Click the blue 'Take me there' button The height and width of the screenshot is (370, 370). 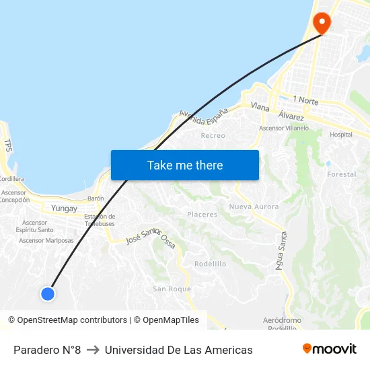point(185,165)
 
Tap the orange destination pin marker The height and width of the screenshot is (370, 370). point(322,24)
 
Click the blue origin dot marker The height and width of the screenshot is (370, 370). point(47,293)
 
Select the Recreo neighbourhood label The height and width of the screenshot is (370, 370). point(213,135)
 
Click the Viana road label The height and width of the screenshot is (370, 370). point(260,107)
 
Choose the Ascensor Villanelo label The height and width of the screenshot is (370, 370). point(284,128)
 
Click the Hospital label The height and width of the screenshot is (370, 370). point(340,135)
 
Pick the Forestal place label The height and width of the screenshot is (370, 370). point(341,174)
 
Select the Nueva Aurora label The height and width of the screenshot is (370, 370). point(254,207)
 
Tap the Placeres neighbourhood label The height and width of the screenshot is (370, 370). point(202,215)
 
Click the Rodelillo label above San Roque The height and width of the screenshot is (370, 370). point(210,264)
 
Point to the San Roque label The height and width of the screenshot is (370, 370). point(172,289)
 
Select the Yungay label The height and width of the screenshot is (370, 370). point(65,209)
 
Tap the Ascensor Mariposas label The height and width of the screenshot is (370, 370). point(46,240)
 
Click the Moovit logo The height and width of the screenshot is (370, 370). point(329,349)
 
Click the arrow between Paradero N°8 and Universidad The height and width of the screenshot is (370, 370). point(93,350)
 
